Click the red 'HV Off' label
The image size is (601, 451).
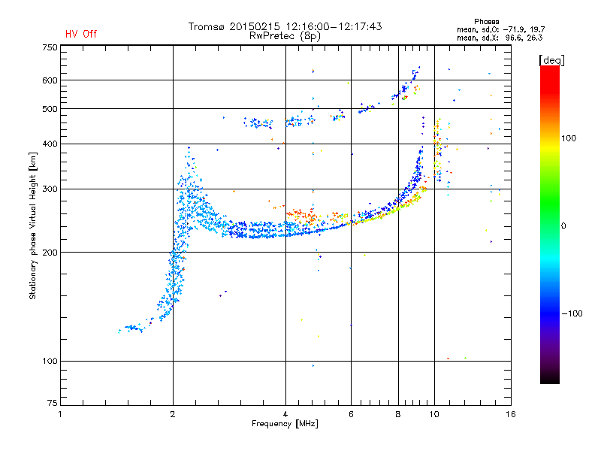click(x=81, y=34)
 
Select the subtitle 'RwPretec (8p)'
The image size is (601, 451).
click(x=285, y=36)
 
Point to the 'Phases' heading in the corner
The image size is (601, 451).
click(x=486, y=22)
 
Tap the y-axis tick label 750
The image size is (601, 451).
click(x=50, y=47)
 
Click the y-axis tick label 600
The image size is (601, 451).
click(x=50, y=80)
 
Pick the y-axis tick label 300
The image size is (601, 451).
click(x=50, y=189)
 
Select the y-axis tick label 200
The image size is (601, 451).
click(x=50, y=253)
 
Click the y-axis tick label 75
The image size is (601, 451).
click(x=53, y=403)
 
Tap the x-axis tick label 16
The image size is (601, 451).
click(x=511, y=414)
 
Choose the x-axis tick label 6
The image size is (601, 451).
click(x=351, y=414)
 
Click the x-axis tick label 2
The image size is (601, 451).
click(x=173, y=414)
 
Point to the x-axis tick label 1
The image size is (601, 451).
click(x=60, y=414)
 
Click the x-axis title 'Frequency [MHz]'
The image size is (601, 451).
click(x=285, y=424)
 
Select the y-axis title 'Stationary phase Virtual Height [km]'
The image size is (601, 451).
click(x=33, y=225)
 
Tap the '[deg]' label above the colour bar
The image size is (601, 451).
click(x=551, y=60)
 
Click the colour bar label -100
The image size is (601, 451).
click(x=572, y=313)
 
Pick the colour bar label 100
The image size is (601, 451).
click(x=569, y=138)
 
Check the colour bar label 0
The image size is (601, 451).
click(x=563, y=226)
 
